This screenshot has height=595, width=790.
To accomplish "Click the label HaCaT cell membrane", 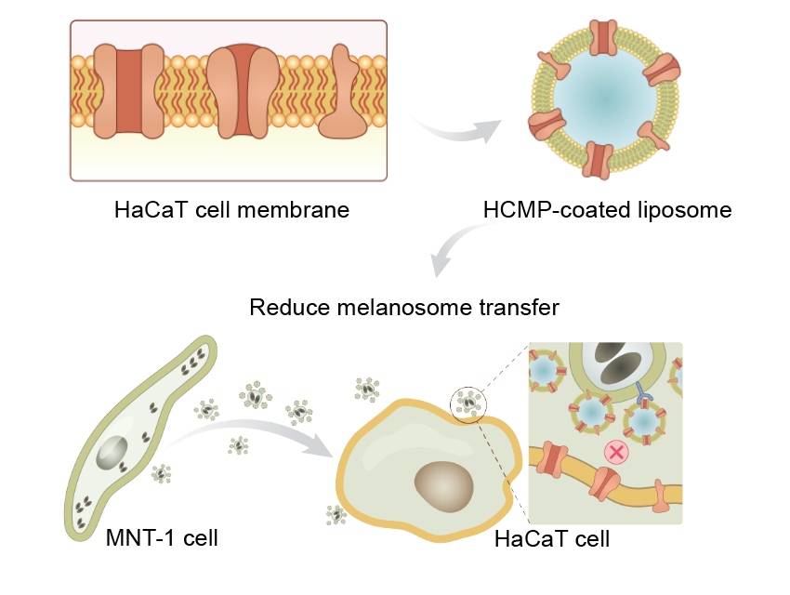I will pos(231,209).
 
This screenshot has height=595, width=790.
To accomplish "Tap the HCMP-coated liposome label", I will pos(607,209).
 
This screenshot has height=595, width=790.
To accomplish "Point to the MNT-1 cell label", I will pos(162,537).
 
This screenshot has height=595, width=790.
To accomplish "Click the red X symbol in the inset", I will pos(614,453).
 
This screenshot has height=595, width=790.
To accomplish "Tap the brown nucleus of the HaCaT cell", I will pos(443,484).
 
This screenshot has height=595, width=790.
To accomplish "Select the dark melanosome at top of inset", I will pos(616,363).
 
